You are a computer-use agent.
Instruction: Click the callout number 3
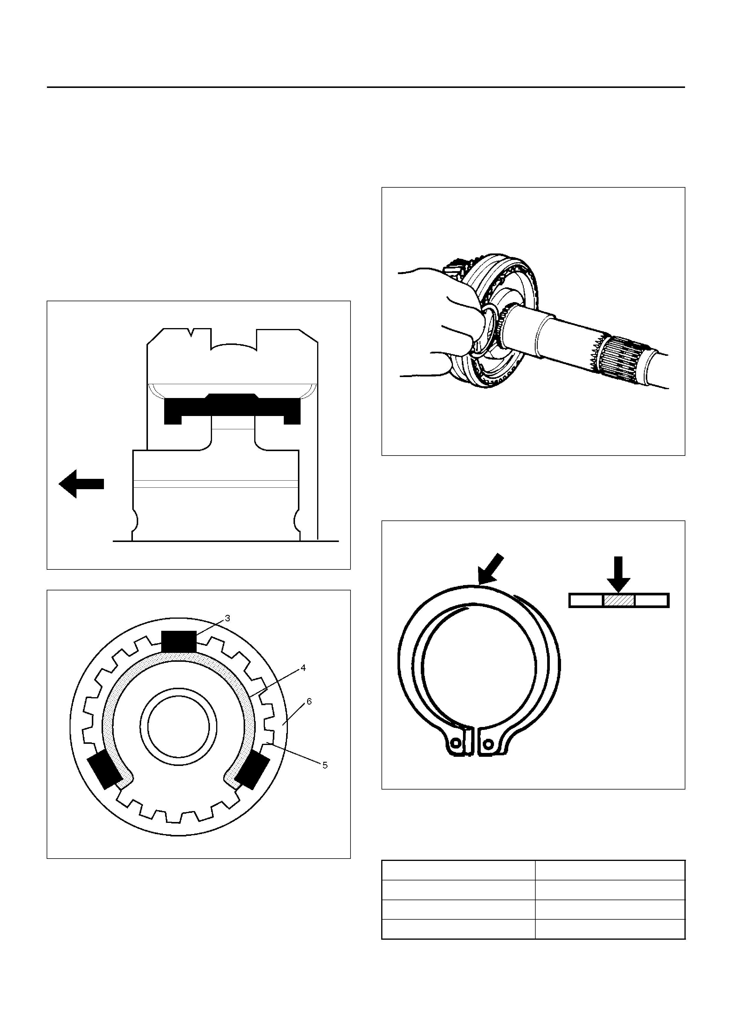(x=227, y=618)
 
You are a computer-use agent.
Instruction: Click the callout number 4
(x=303, y=668)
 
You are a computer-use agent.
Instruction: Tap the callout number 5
(x=325, y=765)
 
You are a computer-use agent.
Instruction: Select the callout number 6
(x=309, y=701)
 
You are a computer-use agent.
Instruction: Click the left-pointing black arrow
(x=81, y=484)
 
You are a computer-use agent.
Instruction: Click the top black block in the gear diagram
(x=179, y=641)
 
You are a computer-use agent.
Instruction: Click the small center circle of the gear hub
(x=179, y=730)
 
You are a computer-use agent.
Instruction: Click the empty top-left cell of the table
(x=458, y=870)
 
